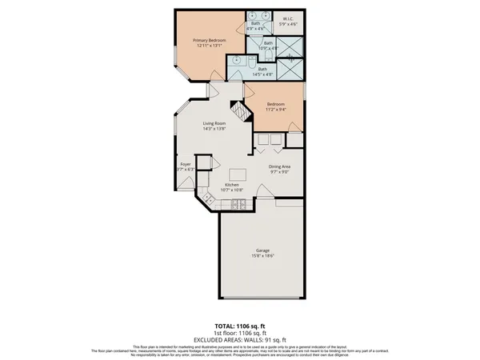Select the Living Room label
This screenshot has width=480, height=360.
213,122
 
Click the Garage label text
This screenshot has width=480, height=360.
263,250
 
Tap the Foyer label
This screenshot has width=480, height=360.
184,164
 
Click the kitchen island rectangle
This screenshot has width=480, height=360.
238,175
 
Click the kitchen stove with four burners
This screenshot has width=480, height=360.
239,206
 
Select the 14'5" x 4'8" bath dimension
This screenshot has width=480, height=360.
262,74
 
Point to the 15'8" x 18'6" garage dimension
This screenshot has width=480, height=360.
263,255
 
